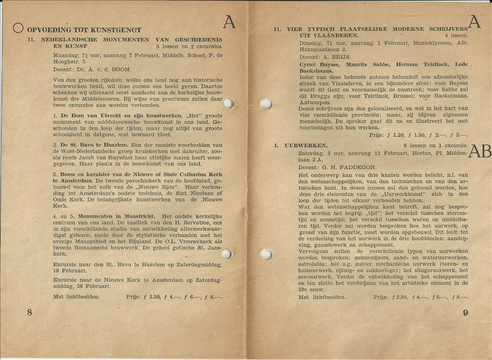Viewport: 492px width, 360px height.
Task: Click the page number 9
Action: pos(465,312)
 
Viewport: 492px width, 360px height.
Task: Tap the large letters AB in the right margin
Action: pos(479,151)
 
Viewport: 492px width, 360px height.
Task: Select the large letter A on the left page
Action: pos(229,22)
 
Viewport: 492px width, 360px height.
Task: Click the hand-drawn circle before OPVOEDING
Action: pos(18,28)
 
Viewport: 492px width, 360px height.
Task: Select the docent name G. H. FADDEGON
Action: pos(342,167)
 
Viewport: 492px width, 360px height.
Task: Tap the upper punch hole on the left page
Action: pos(228,103)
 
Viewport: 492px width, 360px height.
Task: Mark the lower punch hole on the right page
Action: pos(266,254)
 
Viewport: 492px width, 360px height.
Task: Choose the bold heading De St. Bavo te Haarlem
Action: pos(94,145)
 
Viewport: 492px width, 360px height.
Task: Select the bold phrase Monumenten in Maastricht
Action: pos(116,216)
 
